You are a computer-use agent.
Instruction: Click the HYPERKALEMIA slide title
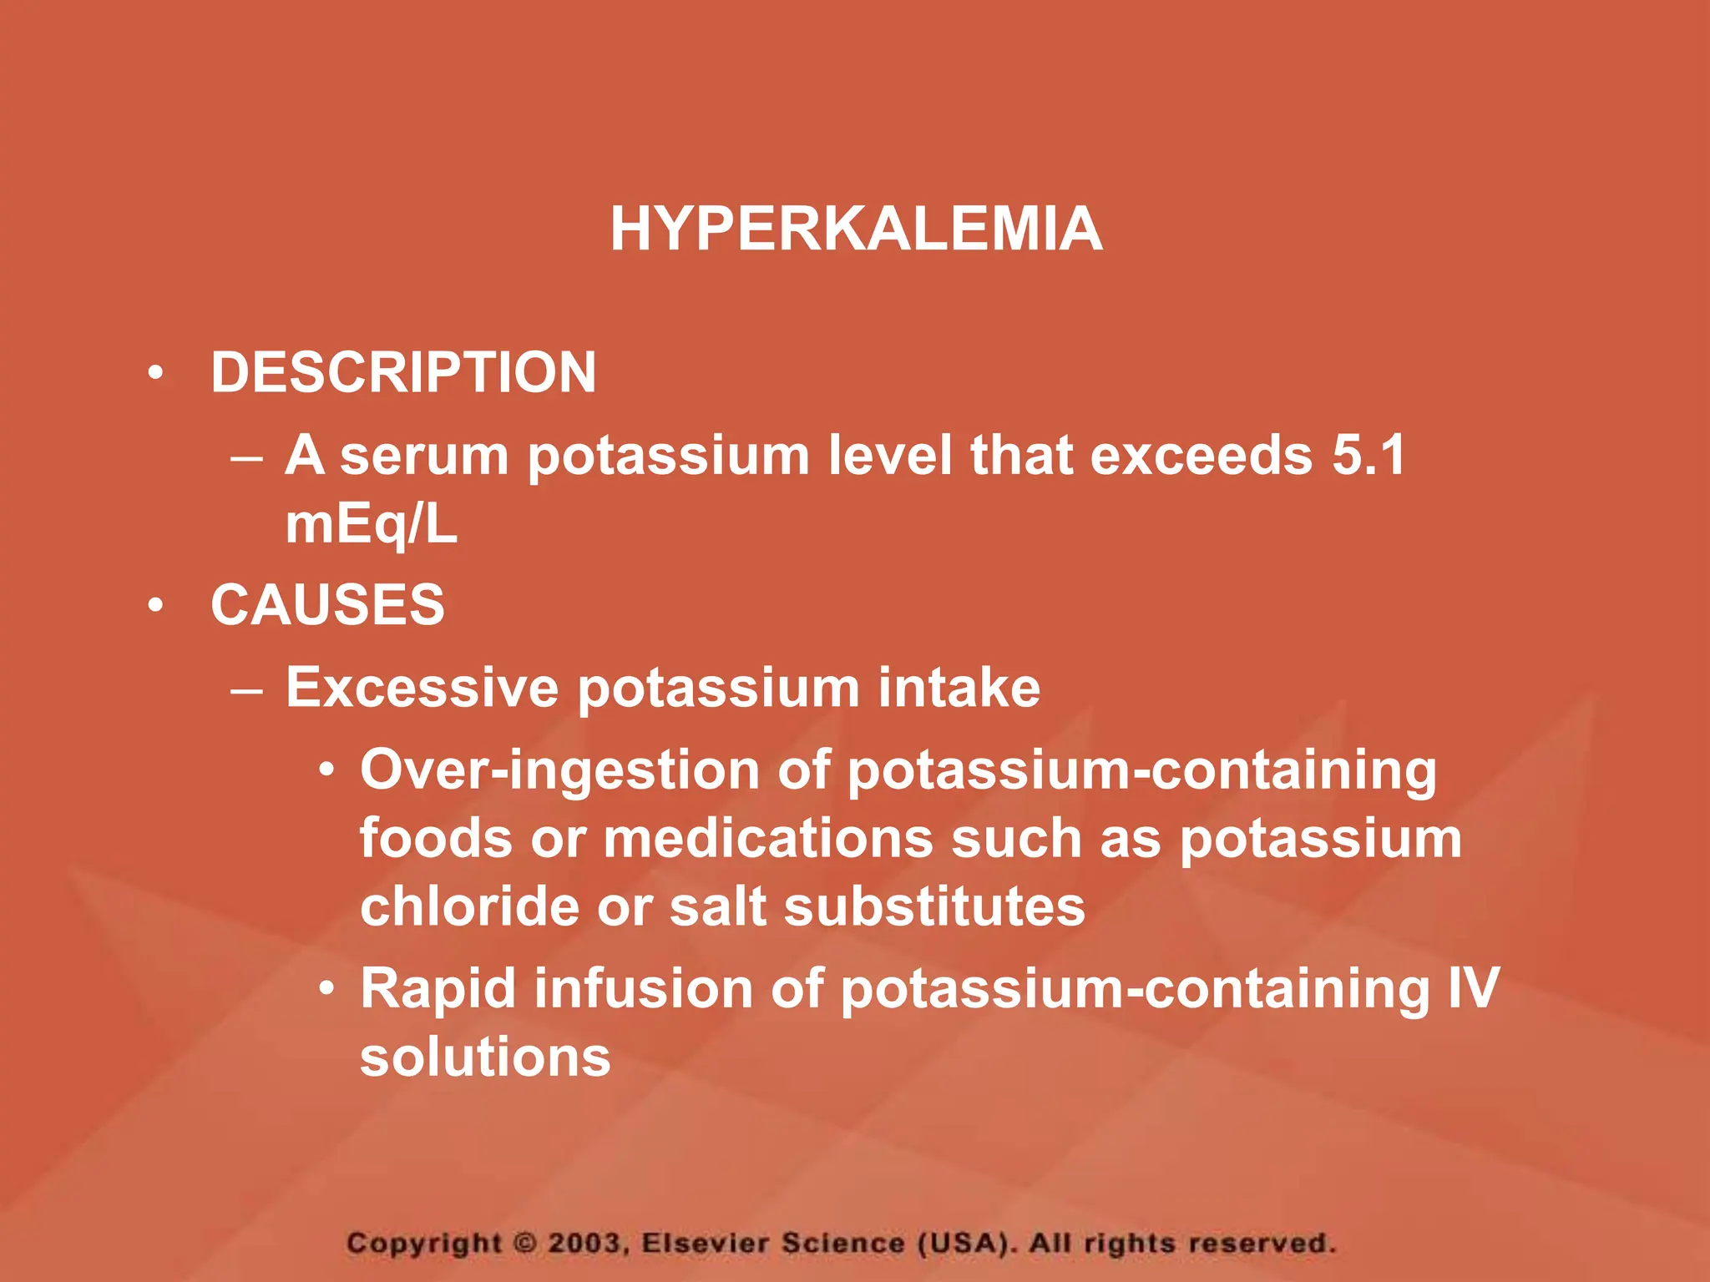856,229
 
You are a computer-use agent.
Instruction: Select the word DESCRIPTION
403,372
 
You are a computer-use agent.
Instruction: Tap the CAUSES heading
327,604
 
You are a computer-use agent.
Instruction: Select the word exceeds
1201,456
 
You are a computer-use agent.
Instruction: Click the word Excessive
422,688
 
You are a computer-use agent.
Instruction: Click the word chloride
469,906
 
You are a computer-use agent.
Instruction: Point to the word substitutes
935,906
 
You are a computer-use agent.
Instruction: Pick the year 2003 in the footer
585,1243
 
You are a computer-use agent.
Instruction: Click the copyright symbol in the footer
524,1243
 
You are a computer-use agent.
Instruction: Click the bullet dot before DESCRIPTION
155,373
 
